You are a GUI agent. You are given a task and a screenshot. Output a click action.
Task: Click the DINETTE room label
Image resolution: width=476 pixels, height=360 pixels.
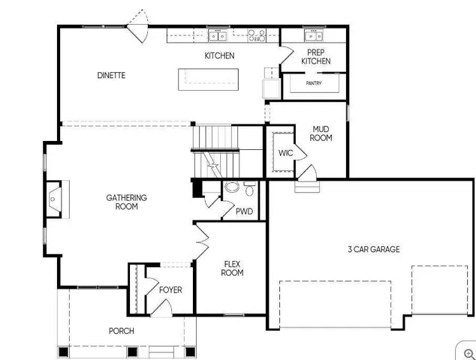coord(110,75)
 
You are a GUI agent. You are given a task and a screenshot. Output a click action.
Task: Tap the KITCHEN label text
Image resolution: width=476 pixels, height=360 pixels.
coord(219,55)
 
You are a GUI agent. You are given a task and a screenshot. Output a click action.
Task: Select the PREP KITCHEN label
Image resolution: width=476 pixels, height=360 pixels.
coord(316,56)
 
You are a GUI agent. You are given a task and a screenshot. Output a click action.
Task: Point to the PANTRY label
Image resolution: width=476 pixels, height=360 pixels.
coord(314,83)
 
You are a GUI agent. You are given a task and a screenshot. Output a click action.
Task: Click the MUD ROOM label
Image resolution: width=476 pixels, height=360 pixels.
coord(321,133)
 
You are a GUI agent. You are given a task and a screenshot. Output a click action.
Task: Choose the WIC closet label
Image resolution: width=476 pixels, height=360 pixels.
coord(285,153)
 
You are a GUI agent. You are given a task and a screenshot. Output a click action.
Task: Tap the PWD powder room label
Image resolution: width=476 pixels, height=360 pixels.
coord(244,211)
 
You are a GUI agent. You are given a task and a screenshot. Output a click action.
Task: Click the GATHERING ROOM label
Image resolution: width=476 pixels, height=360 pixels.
coord(126,202)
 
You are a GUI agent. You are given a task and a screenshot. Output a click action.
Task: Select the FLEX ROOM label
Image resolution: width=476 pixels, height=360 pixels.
coord(232,268)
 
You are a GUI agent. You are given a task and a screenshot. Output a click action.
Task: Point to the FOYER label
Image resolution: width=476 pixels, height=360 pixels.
coord(170,290)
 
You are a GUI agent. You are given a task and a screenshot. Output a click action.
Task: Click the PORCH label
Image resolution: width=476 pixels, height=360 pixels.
coord(122,331)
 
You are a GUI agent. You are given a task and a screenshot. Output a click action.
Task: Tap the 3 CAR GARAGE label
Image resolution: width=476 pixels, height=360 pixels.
coord(373,249)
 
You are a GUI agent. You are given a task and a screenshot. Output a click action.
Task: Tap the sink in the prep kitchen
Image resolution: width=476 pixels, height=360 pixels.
coord(314,35)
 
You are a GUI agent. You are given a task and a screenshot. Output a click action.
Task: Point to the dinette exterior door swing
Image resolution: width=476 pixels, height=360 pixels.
coord(137,28)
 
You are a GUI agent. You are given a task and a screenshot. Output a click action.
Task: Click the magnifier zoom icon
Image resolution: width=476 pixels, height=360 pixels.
coord(468,352)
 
